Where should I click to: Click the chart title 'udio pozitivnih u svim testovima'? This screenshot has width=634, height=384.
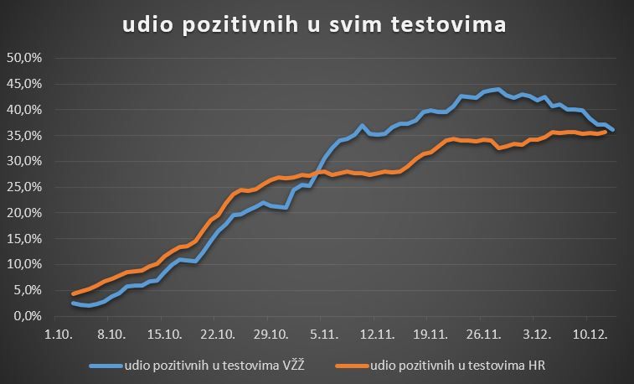314,25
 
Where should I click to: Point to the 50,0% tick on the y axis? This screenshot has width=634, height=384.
24,58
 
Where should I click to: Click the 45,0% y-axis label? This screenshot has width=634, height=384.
24,84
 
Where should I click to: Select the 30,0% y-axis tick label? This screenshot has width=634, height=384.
24,161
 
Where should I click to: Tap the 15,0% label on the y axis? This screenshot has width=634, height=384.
24,239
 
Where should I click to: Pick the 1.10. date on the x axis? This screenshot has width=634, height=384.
58,333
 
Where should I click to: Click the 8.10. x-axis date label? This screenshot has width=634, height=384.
111,333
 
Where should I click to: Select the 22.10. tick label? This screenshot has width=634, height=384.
217,333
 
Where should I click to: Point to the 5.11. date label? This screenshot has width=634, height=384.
323,333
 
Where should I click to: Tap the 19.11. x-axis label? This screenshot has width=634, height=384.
429,333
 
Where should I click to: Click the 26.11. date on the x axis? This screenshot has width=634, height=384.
482,333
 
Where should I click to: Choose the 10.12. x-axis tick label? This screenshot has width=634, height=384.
588,333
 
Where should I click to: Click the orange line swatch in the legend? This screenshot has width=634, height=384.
350,366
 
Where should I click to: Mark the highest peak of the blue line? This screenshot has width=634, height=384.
498,89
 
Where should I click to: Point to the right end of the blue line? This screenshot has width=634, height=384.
613,129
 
